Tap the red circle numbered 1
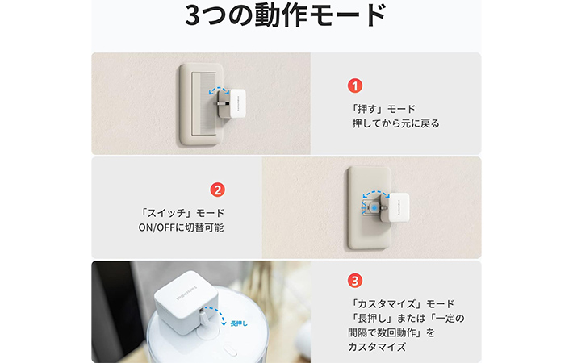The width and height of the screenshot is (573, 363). coord(355,85)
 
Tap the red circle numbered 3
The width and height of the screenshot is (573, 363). coord(355,282)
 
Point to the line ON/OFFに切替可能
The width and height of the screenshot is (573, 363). coord(182,228)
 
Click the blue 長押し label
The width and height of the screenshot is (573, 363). coord(238,323)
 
